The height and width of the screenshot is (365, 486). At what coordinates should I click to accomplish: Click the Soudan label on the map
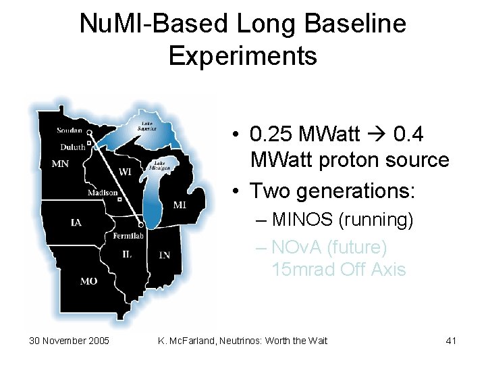pyautogui.click(x=70, y=130)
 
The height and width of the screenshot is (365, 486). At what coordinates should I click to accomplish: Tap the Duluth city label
pyautogui.click(x=72, y=147)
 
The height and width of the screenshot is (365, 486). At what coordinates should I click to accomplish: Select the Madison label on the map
pyautogui.click(x=101, y=193)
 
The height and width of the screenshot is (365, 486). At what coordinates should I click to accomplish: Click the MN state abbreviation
pyautogui.click(x=60, y=163)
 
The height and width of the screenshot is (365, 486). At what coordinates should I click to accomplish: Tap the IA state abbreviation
pyautogui.click(x=78, y=222)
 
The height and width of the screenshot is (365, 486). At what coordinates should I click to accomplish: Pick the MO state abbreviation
pyautogui.click(x=88, y=281)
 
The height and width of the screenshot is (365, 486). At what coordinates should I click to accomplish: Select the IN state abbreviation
pyautogui.click(x=164, y=255)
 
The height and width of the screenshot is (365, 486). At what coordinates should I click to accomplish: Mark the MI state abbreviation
pyautogui.click(x=180, y=204)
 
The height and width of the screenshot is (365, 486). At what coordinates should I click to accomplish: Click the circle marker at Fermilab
pyautogui.click(x=140, y=224)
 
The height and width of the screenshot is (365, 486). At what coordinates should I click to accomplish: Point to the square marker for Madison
pyautogui.click(x=119, y=199)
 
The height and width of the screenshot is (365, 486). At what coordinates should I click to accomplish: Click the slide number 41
pyautogui.click(x=452, y=341)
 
